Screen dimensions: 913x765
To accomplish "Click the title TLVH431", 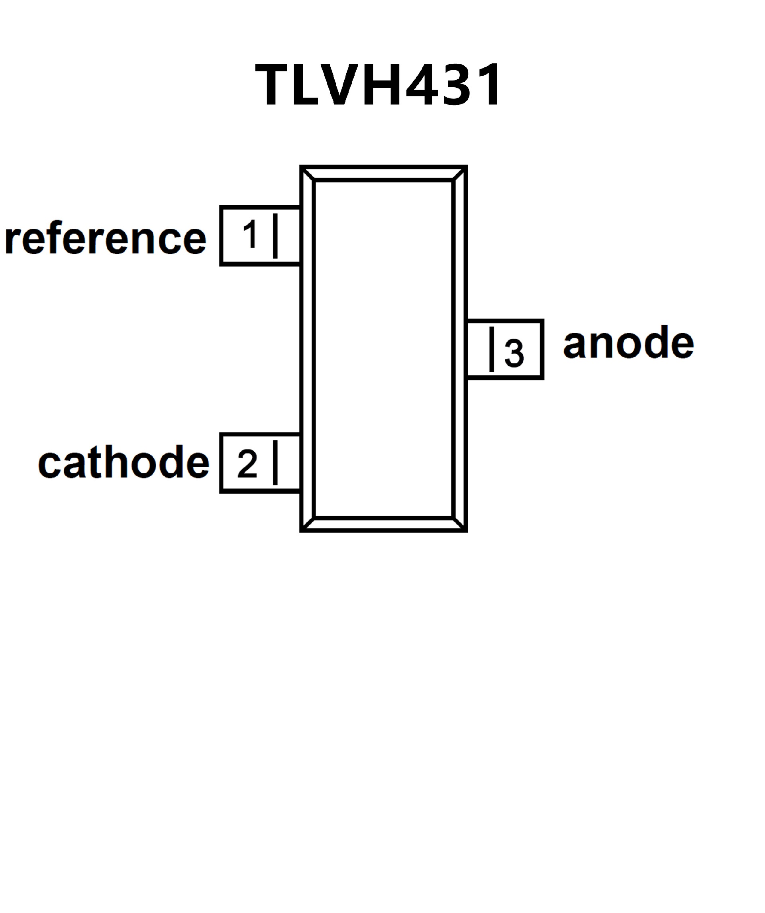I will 378,85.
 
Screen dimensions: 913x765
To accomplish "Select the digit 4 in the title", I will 420,85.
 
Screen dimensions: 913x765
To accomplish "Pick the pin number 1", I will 251,234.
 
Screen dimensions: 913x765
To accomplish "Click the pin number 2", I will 247,464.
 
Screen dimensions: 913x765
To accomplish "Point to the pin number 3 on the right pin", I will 514,353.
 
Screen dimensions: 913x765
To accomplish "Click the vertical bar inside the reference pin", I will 275,236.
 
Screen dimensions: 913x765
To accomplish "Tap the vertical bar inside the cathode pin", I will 275,463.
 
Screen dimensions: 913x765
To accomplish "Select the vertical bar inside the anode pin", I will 492,349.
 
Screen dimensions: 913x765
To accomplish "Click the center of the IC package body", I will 383,349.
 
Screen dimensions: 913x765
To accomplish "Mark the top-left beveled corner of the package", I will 308,173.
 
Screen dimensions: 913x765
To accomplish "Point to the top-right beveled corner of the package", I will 459,173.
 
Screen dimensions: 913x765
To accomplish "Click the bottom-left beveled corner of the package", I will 308,524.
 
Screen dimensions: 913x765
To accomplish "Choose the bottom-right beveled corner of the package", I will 459,524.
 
